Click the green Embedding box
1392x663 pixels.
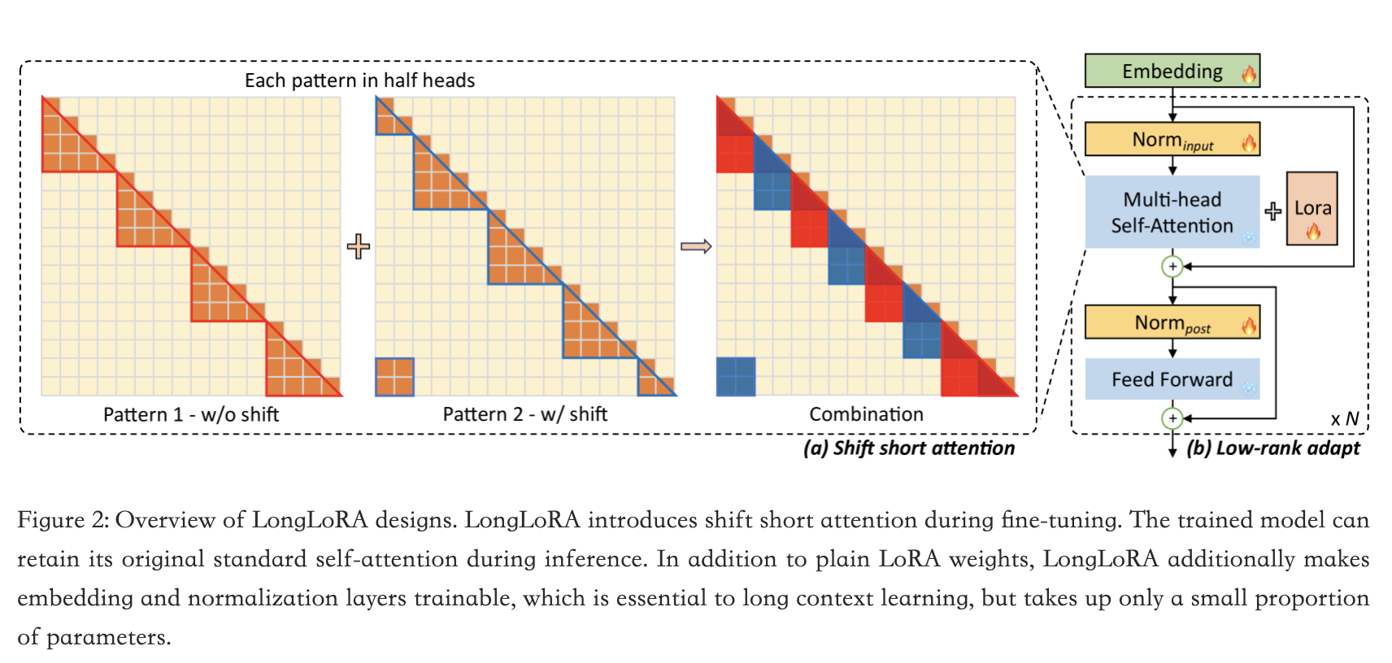1171,71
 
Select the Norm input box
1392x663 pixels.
1171,140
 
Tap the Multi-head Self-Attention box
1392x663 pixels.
1172,212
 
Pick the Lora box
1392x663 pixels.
1312,209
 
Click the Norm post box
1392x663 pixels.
1171,323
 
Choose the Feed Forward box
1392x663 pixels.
1172,379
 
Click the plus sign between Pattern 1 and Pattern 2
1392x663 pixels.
358,246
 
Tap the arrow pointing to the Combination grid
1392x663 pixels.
695,246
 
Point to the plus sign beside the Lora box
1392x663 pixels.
1272,211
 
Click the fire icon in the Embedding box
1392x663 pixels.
1248,74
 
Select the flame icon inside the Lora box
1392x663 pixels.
1312,231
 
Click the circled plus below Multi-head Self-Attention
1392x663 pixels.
1172,266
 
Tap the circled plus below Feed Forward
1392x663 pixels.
1172,418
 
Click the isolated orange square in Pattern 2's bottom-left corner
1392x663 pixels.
394,377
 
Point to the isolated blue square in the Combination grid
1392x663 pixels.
736,377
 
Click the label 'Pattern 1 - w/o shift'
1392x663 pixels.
191,414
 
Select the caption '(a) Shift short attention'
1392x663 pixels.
908,448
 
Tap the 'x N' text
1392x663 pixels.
1344,419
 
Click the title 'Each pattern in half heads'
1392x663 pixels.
359,80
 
